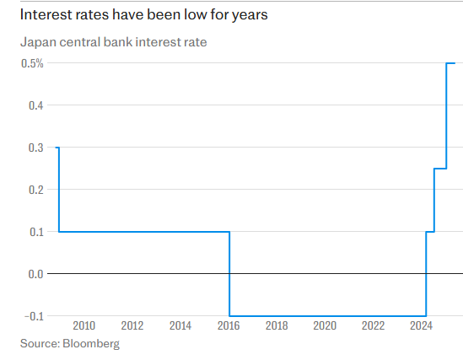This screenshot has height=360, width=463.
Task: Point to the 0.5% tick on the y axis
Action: pos(31,64)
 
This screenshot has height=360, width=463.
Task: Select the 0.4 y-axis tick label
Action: pos(35,105)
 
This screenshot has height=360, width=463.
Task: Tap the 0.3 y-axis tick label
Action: pos(35,148)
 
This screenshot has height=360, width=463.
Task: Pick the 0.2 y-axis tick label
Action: pos(35,190)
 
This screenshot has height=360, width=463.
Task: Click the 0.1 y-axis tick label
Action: pos(35,232)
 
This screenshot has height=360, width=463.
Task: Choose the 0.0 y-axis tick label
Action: pos(35,274)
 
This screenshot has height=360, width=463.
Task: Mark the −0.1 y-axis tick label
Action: pos(32,316)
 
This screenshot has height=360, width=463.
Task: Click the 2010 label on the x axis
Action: pos(83,325)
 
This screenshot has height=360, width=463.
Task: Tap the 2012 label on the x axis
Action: pos(132,325)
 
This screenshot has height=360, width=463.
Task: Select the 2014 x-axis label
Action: pos(180,325)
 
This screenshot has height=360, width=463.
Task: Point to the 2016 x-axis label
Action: pos(229,325)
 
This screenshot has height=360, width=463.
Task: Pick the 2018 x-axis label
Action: pos(277,325)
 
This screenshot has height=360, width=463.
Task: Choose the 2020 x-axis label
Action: pos(325,325)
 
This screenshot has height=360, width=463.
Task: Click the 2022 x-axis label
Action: pos(373,325)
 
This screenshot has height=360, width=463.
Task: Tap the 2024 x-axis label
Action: pos(422,325)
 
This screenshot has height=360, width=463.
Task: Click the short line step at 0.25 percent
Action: pos(439,169)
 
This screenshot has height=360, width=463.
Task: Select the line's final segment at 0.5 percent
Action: pos(450,63)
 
